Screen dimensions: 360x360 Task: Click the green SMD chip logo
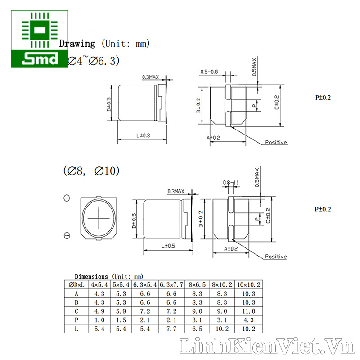40,39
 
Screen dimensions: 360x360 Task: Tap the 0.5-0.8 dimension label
209,72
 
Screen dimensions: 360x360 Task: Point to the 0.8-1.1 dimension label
231,183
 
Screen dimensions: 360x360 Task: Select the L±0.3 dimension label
143,135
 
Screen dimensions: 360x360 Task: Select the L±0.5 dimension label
168,246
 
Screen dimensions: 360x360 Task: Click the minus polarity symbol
67,198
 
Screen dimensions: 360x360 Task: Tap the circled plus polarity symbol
67,235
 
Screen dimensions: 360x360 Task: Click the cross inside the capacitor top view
99,218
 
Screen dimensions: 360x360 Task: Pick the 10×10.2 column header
249,285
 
